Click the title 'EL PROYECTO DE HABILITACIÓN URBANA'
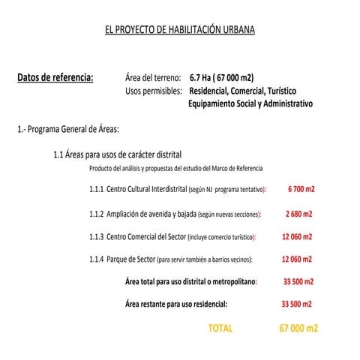(x=180, y=31)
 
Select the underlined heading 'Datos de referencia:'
(x=55, y=76)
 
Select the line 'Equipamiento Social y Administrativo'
(x=250, y=103)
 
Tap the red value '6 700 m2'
(x=301, y=189)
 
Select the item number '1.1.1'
(x=96, y=189)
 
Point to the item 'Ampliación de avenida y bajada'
(x=153, y=214)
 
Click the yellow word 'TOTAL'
(x=220, y=328)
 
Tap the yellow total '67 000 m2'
(x=298, y=328)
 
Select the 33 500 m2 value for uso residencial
(x=296, y=304)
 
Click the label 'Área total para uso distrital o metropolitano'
(x=190, y=282)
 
